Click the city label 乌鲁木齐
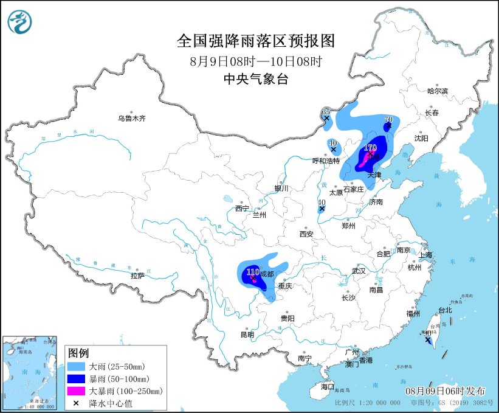pos(132,119)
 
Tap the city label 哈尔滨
pos(436,91)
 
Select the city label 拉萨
pos(137,276)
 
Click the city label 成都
pos(267,274)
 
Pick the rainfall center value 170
pos(370,147)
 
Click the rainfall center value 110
pos(253,271)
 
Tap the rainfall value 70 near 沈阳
pos(388,120)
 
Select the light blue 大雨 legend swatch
pos(77,367)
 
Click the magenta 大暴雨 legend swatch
pos(77,390)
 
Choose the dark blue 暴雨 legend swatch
pos(77,379)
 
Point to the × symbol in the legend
pos(77,402)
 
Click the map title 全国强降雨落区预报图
pos(255,41)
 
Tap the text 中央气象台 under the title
pos(255,78)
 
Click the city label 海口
pos(328,387)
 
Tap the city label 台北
pos(445,310)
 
